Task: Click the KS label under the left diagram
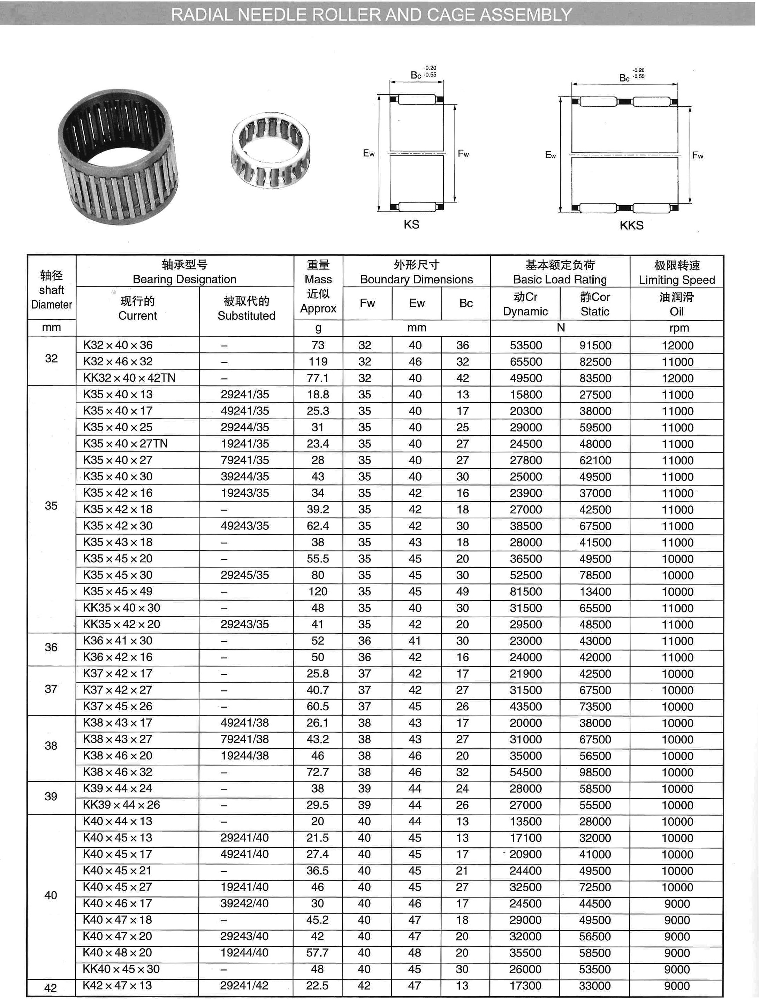tap(411, 224)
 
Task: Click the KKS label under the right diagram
tap(631, 225)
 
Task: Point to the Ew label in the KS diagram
tap(369, 153)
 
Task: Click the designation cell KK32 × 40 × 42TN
tap(129, 377)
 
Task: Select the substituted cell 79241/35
tap(245, 460)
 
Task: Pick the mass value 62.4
tap(318, 525)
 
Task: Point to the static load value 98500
tap(595, 772)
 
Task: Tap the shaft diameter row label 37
tap(51, 689)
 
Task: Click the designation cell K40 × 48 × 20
tap(117, 953)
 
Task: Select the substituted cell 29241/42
tap(244, 985)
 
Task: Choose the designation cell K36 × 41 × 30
tap(117, 641)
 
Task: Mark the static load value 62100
tap(595, 460)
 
